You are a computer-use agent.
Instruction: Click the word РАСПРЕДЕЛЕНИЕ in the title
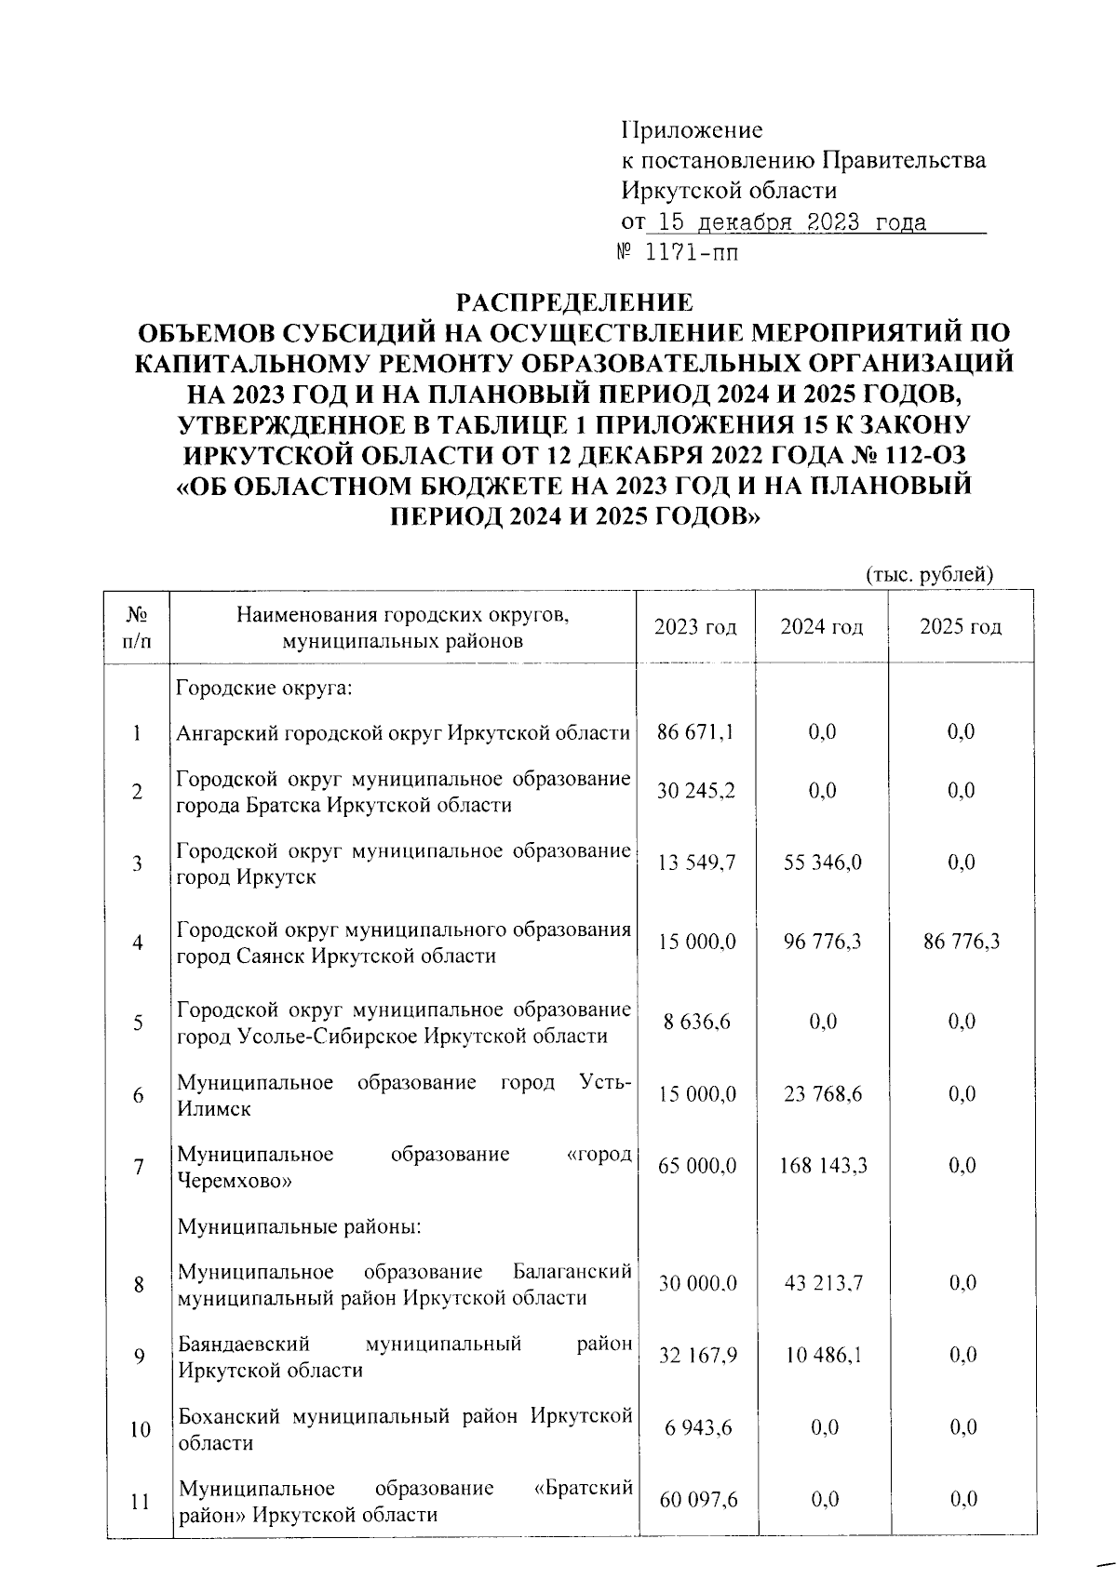click(x=573, y=301)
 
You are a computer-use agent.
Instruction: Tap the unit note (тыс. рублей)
click(x=930, y=575)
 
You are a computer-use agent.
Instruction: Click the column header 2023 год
click(x=695, y=627)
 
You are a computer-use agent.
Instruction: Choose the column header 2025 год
click(x=961, y=627)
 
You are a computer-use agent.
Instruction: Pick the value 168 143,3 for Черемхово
click(x=823, y=1165)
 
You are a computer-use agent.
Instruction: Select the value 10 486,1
click(x=823, y=1356)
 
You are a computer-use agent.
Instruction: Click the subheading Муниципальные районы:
click(x=300, y=1226)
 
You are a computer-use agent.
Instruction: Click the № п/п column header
click(x=138, y=627)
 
